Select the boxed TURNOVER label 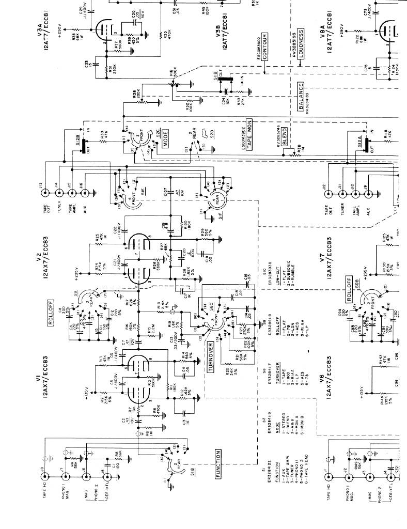[211, 356]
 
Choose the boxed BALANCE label [300, 97]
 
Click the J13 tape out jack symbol [45, 192]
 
